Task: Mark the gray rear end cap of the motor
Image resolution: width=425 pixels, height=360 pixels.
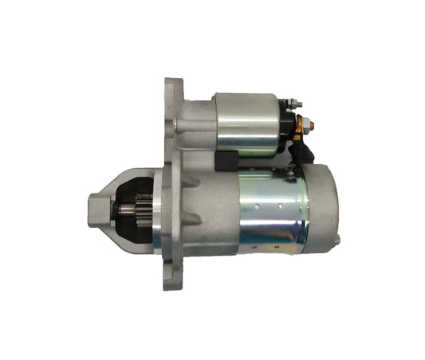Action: (x=323, y=203)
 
